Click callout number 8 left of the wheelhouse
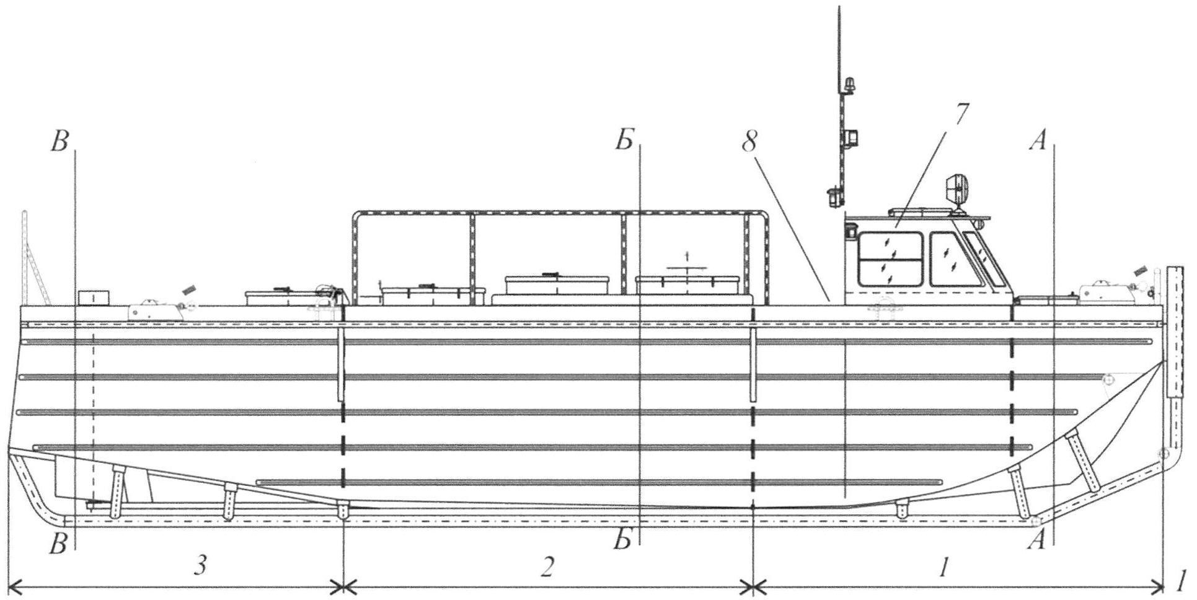[x=749, y=143]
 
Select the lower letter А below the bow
[x=1037, y=541]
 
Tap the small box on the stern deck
[x=94, y=297]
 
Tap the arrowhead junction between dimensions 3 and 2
[x=343, y=586]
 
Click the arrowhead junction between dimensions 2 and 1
[x=753, y=586]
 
